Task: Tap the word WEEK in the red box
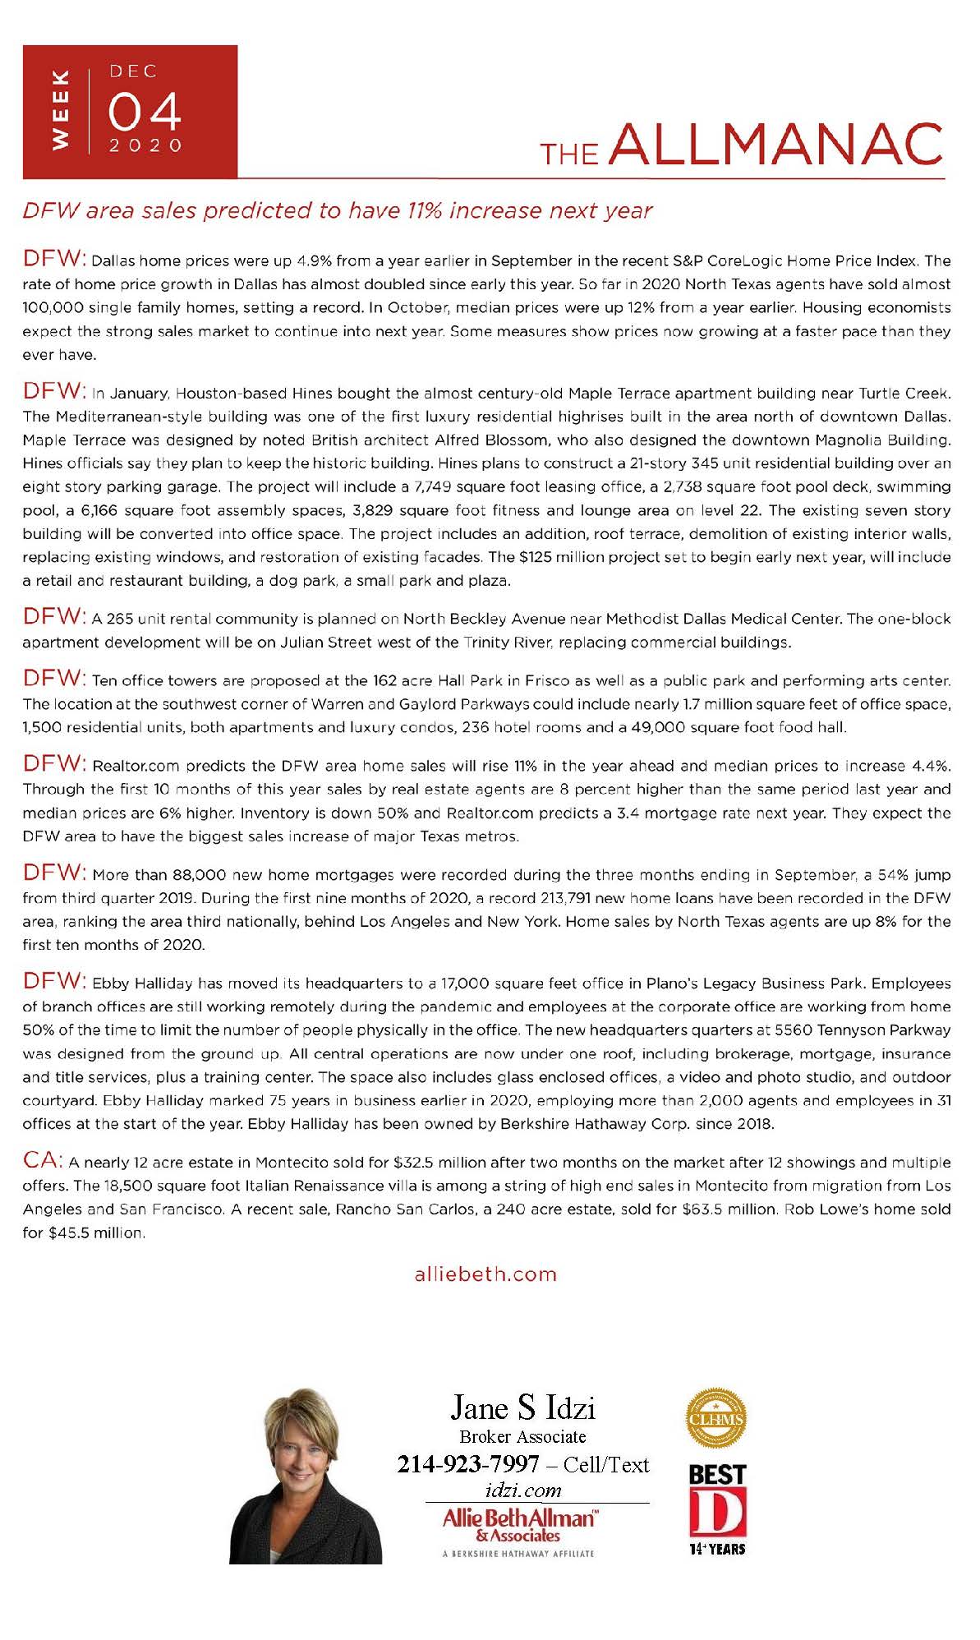[x=60, y=110]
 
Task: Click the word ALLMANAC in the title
[x=776, y=145]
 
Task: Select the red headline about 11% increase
[x=337, y=211]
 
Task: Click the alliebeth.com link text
[x=485, y=1274]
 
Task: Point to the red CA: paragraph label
[x=42, y=1160]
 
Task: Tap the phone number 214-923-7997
[x=468, y=1464]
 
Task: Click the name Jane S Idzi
[x=522, y=1408]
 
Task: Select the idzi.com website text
[x=523, y=1490]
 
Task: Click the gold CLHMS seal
[x=715, y=1419]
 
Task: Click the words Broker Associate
[x=522, y=1437]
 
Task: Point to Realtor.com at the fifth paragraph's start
[x=136, y=767]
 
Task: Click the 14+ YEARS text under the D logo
[x=717, y=1549]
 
